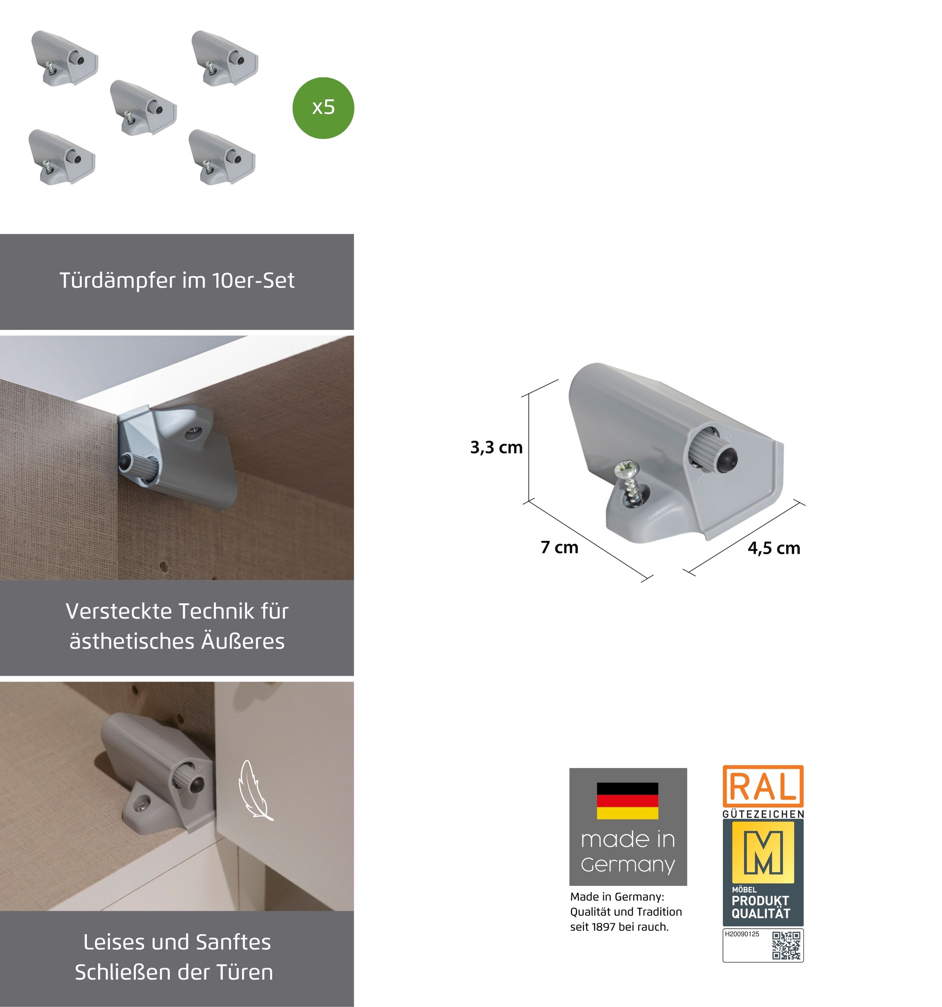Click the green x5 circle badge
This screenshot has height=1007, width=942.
tap(323, 108)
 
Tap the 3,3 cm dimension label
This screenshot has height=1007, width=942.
tap(496, 447)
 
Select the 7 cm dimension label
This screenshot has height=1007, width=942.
tap(559, 548)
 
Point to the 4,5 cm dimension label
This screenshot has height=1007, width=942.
tap(774, 548)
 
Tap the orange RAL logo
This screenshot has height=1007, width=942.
tap(763, 787)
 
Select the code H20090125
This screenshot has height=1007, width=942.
tap(742, 934)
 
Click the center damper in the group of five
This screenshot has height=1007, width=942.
tap(143, 108)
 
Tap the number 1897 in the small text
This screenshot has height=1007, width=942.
tap(602, 927)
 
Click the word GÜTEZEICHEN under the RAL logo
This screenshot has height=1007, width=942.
tap(763, 814)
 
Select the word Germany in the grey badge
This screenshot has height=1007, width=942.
tap(628, 865)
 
